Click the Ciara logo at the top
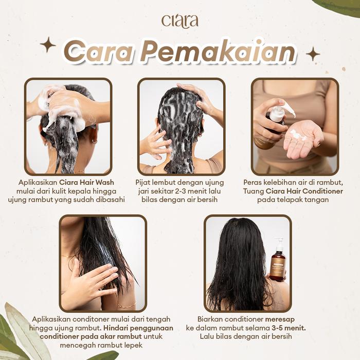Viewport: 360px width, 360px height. pyautogui.click(x=180, y=22)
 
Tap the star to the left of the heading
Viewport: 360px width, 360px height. pyautogui.click(x=48, y=45)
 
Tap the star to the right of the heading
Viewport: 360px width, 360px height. pyautogui.click(x=313, y=55)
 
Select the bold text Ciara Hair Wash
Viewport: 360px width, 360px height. pyautogui.click(x=86, y=183)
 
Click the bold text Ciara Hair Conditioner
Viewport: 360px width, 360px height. pyautogui.click(x=304, y=191)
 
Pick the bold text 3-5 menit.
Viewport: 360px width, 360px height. pyautogui.click(x=289, y=328)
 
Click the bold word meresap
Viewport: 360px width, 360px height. pyautogui.click(x=280, y=319)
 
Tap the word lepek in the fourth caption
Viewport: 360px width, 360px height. pyautogui.click(x=134, y=346)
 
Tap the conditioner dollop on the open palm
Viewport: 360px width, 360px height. pyautogui.click(x=298, y=135)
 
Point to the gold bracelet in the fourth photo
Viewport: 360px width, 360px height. pyautogui.click(x=127, y=306)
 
